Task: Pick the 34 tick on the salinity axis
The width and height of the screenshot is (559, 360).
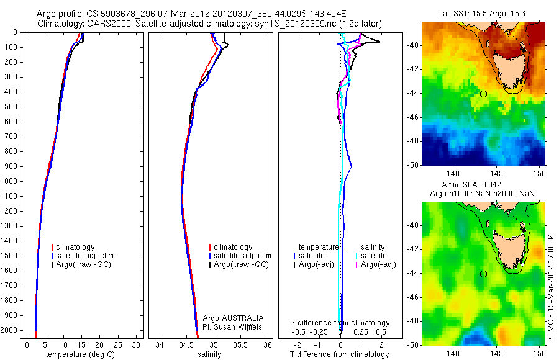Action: coord(160,344)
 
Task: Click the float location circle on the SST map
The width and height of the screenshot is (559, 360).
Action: coord(483,94)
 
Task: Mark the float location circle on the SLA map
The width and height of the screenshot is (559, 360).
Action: coord(483,274)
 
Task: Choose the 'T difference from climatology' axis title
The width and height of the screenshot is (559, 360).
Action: coord(339,354)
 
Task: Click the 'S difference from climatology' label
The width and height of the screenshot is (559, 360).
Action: coord(340,323)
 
